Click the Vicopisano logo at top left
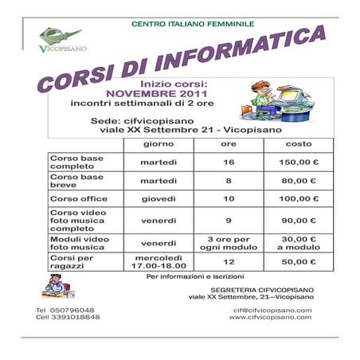[x=59, y=37]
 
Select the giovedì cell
[x=158, y=198]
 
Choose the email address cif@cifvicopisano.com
[x=270, y=310]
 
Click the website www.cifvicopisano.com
[x=270, y=317]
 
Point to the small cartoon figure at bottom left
[x=57, y=284]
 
